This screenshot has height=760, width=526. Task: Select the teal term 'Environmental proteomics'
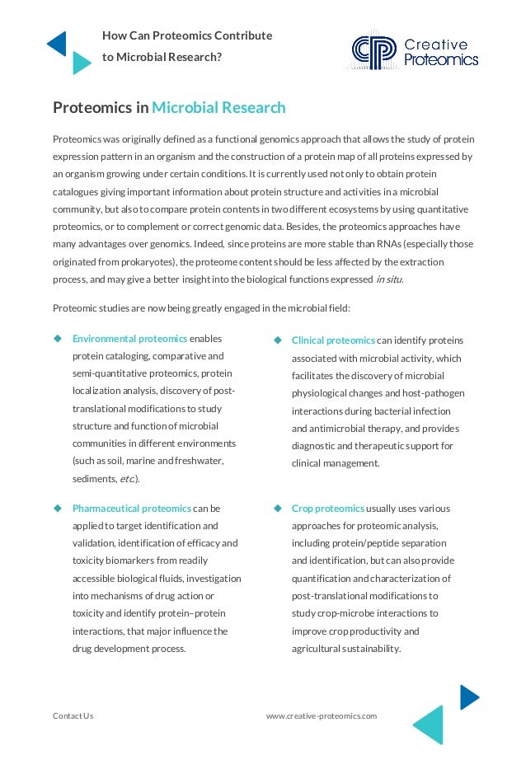[x=130, y=339]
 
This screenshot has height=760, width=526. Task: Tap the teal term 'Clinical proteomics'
[x=333, y=340]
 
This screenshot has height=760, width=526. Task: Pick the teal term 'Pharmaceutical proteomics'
[x=132, y=509]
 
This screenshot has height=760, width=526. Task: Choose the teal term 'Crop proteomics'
[x=328, y=509]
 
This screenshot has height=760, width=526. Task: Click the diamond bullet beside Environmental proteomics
[x=59, y=339]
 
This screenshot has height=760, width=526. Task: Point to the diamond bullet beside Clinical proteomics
[x=278, y=340]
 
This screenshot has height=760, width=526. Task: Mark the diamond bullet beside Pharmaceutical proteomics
[x=59, y=509]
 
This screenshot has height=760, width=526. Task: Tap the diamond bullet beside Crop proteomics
[x=278, y=509]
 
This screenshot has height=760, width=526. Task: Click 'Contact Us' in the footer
[x=73, y=715]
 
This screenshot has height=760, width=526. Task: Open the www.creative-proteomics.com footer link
[x=322, y=715]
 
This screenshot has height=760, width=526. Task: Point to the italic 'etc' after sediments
[x=127, y=478]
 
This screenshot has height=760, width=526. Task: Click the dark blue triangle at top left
[x=56, y=43]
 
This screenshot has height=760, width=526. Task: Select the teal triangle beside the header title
[x=80, y=63]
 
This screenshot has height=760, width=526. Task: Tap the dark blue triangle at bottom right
[x=468, y=697]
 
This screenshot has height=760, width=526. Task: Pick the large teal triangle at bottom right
[x=430, y=725]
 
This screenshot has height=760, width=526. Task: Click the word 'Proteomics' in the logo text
[x=441, y=59]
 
